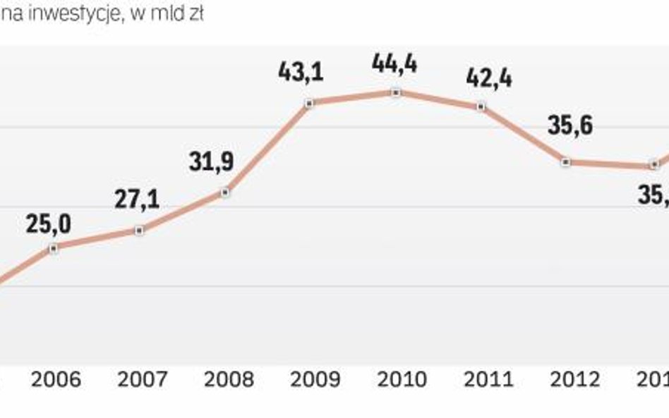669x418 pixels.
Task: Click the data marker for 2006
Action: (54, 247)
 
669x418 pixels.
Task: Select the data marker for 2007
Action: (139, 230)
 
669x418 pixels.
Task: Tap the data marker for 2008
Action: (225, 192)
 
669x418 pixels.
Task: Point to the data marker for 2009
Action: (309, 104)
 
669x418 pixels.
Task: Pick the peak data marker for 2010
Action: (396, 92)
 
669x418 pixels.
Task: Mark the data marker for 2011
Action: (481, 106)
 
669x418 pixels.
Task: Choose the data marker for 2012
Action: (566, 162)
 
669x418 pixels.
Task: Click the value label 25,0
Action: (49, 224)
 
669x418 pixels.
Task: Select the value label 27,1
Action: (137, 198)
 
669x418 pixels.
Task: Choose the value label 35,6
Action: (569, 126)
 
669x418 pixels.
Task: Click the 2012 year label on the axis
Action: (574, 380)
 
